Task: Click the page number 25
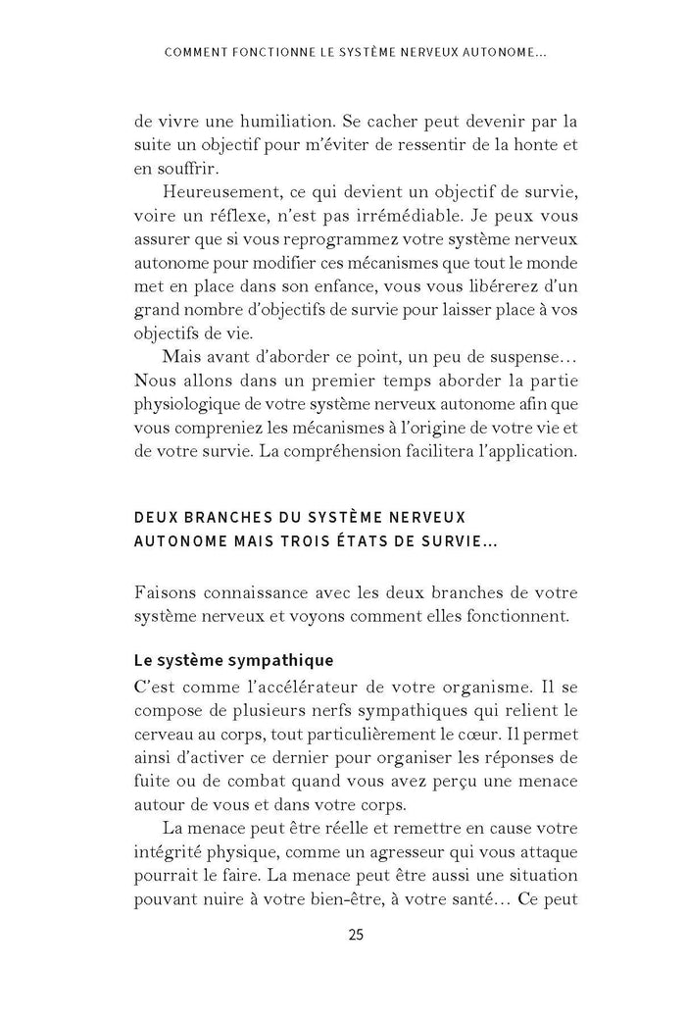[x=356, y=934]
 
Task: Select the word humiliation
[x=270, y=123]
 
